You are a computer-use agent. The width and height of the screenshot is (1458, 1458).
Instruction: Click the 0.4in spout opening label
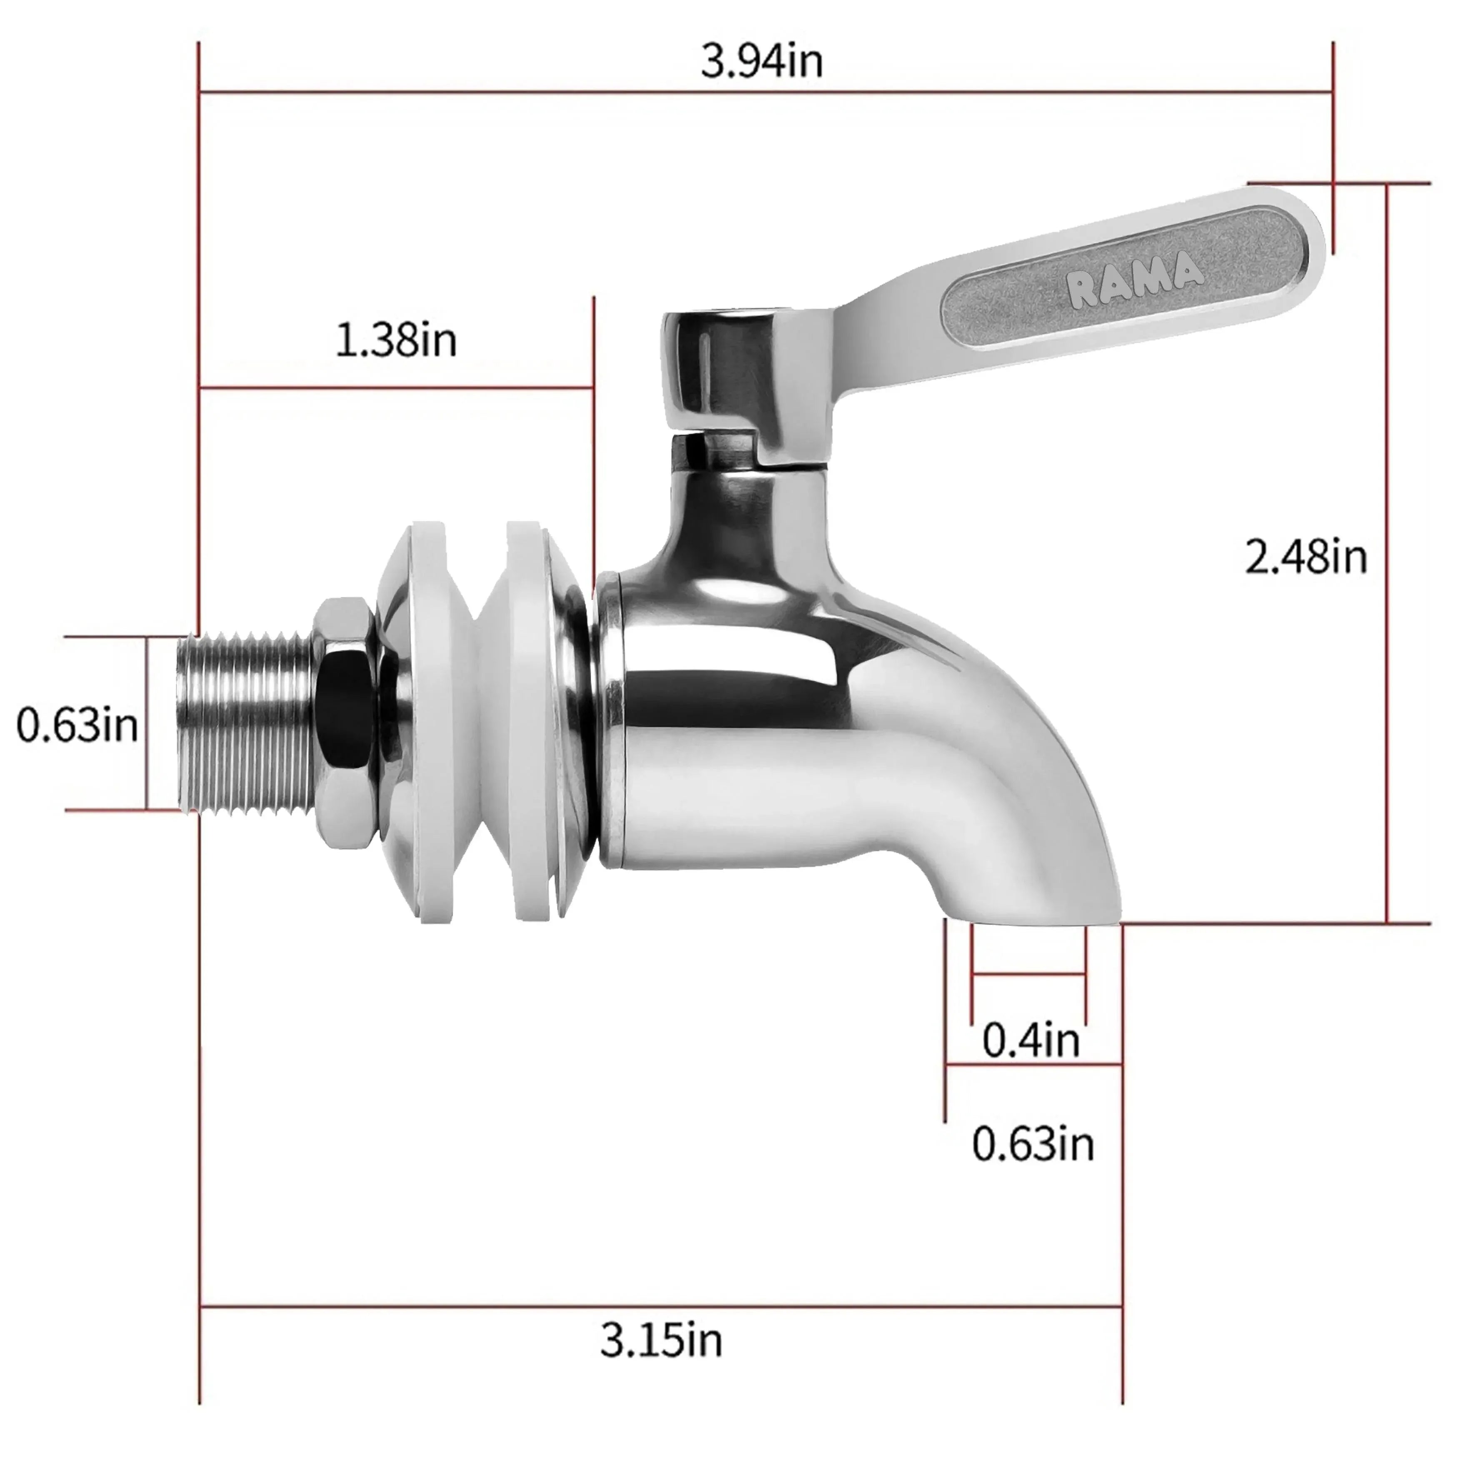click(x=1031, y=1039)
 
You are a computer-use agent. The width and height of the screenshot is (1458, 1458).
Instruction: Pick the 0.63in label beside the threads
click(x=77, y=724)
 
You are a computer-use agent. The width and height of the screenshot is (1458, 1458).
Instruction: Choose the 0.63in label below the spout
click(x=1032, y=1143)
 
